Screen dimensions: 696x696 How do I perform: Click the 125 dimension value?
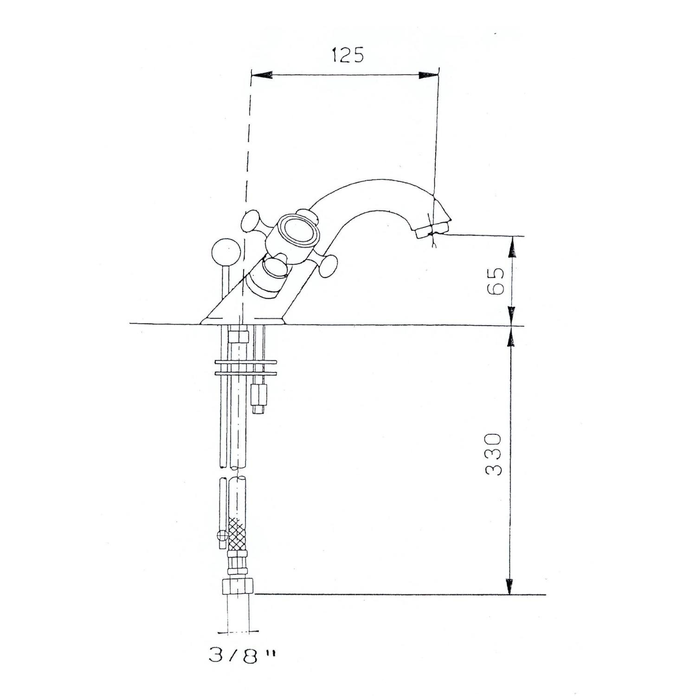[x=348, y=55]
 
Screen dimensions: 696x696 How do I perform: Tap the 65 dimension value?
[x=495, y=281]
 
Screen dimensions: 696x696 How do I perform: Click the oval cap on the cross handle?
[x=297, y=229]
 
